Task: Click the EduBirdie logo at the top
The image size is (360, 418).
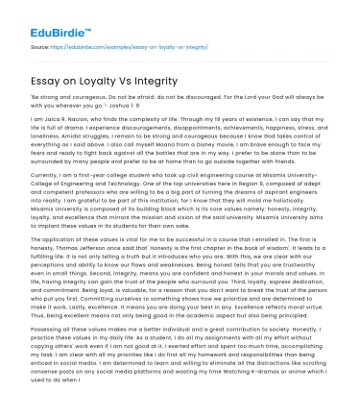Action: pos(46,16)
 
